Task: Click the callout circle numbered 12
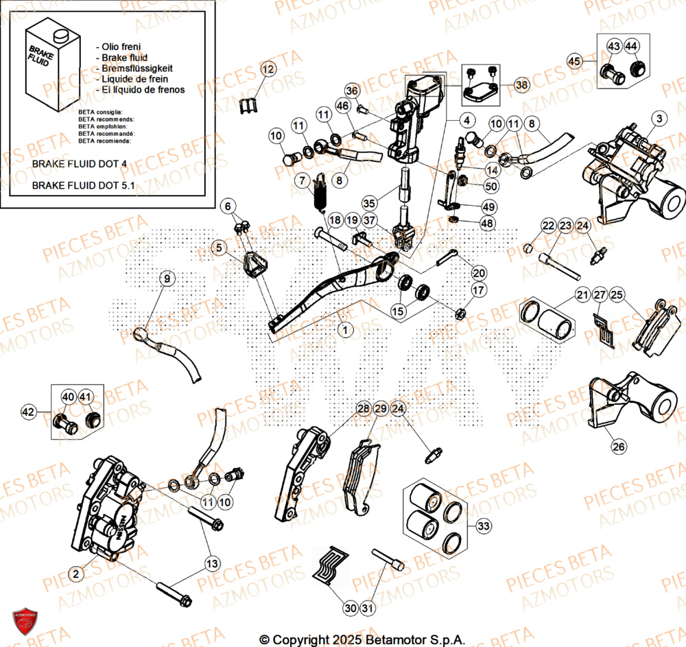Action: (267, 69)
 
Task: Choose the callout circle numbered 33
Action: (484, 526)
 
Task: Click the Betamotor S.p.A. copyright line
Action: (362, 639)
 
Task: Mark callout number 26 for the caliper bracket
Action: (618, 447)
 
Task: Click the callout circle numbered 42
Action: (28, 412)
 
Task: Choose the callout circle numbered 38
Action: (522, 86)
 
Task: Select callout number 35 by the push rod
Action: (369, 203)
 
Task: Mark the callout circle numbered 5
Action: (217, 248)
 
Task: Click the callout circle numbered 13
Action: (213, 563)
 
